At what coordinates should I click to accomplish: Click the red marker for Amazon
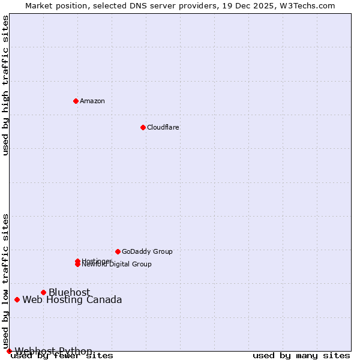[76, 101]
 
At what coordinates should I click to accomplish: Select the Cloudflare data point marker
[143, 127]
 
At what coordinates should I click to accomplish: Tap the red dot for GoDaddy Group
[118, 251]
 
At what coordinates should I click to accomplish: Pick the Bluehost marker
[43, 292]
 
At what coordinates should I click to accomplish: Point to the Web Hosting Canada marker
[17, 299]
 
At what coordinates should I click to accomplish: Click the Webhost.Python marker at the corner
[9, 351]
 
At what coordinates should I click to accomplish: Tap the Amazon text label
[92, 101]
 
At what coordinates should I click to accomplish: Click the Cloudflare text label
[163, 127]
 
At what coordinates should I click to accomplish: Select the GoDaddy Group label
[147, 251]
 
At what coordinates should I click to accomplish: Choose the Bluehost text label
[69, 292]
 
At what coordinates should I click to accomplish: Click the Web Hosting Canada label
[72, 300]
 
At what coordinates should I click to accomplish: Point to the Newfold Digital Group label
[117, 265]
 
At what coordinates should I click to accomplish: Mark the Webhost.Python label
[53, 351]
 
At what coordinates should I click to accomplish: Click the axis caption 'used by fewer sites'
[62, 356]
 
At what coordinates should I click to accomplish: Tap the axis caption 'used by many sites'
[301, 356]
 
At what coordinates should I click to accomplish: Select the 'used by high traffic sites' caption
[6, 85]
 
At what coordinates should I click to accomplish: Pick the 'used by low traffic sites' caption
[6, 281]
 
